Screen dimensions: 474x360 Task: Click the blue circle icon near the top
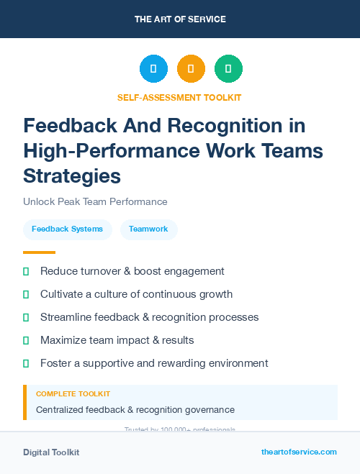point(153,69)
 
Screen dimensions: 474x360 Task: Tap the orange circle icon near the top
point(191,69)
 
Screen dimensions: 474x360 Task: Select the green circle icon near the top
point(228,69)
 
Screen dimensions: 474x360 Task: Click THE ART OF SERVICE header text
point(180,19)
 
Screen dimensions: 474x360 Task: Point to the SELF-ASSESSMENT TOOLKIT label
point(179,97)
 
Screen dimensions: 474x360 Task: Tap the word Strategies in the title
point(72,176)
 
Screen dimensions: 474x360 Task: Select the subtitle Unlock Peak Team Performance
point(95,201)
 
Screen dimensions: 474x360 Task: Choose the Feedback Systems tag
point(67,229)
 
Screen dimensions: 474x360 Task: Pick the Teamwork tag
point(148,229)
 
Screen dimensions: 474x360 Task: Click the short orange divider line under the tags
point(39,252)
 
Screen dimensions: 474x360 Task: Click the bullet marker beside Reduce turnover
point(26,271)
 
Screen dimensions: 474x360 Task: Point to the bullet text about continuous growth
point(136,294)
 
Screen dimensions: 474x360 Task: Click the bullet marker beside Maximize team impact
point(26,340)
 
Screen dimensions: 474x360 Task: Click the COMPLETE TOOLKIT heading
point(73,394)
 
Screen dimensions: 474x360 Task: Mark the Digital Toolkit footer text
point(51,452)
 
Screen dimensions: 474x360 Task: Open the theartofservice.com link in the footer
point(299,452)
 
